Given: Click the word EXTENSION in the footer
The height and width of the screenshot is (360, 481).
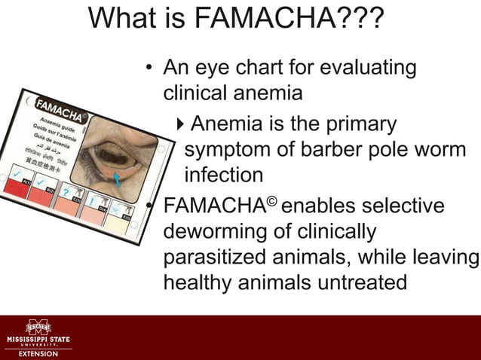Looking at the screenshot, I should click(x=38, y=353).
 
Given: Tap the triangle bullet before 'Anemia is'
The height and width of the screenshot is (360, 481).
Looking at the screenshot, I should click(x=179, y=123).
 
